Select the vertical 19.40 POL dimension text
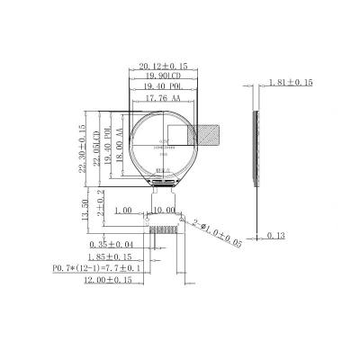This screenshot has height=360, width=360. point(110,141)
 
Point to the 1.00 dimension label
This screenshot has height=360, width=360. point(125,209)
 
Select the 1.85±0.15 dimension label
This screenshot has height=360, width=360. point(117,256)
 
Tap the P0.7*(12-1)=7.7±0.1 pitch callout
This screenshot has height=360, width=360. point(97,268)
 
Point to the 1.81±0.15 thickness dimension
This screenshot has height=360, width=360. point(291,83)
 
